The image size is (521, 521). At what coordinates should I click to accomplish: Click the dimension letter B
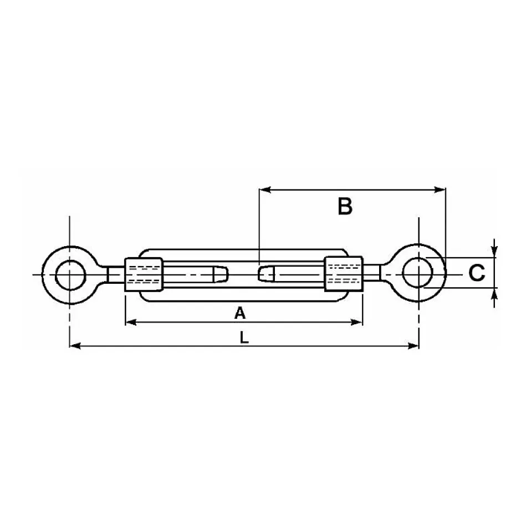[345, 206]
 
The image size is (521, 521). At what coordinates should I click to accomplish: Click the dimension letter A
[240, 313]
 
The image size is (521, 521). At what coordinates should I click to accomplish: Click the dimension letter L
[244, 338]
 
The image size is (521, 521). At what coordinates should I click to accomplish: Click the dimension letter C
[477, 273]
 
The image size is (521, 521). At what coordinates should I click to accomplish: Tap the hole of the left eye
[71, 275]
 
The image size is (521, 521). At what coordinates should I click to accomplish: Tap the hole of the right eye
[418, 273]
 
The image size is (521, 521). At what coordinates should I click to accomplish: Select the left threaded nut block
[144, 275]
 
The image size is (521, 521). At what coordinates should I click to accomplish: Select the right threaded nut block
[344, 274]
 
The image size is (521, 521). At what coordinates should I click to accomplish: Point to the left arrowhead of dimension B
[265, 190]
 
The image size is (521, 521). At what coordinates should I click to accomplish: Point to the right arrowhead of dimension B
[440, 190]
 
